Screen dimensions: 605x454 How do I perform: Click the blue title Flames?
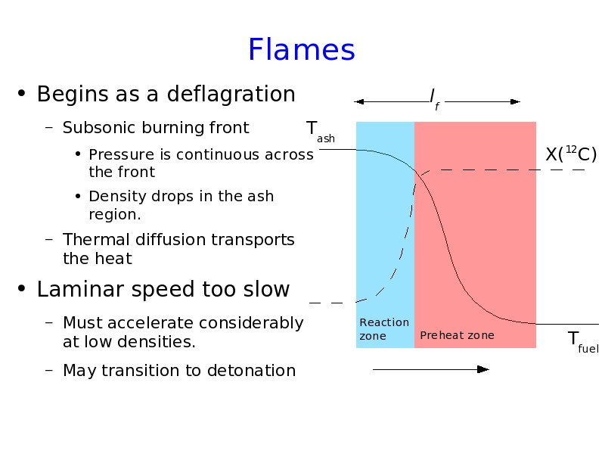tap(301, 49)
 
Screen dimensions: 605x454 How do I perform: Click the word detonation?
tap(251, 370)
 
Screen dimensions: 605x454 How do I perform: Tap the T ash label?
tap(320, 132)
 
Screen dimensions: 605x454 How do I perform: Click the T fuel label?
tap(583, 342)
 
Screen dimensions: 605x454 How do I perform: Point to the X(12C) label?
tap(571, 154)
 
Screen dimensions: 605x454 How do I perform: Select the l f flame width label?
tap(434, 99)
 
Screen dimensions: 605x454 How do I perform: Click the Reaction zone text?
tap(384, 329)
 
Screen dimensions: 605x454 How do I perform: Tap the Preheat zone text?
tap(457, 335)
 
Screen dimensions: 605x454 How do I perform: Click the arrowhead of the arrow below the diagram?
tap(483, 369)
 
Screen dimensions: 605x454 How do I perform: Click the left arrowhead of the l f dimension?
tap(358, 102)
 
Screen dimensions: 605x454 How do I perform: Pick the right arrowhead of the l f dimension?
tap(516, 102)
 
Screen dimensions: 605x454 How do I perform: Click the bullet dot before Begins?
tap(22, 93)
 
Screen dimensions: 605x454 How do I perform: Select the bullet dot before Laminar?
tap(22, 289)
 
